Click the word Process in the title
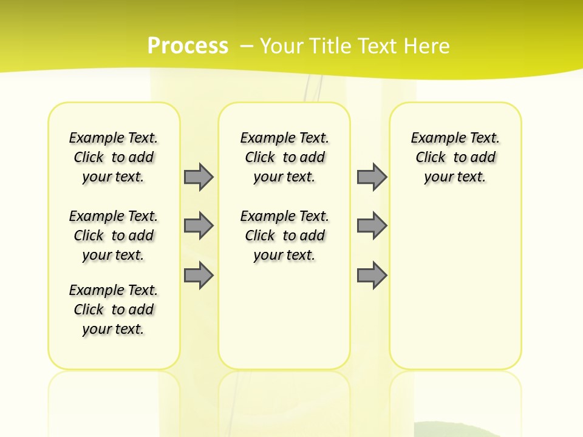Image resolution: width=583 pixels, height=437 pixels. pos(188,46)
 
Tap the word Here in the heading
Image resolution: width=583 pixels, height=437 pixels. pos(426,46)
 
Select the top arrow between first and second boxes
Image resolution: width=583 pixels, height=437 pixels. pos(198,177)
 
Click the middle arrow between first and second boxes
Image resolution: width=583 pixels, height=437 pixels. pos(198,226)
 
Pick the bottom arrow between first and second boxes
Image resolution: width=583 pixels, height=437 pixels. pos(198,276)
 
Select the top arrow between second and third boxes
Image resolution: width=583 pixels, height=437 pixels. pos(372,177)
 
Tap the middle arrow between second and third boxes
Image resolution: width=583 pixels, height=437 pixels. pos(372,226)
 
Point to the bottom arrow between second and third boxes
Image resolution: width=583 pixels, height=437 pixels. pos(372,276)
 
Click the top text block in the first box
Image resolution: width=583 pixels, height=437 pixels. pos(114,157)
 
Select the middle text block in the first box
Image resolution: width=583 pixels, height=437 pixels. pos(114,235)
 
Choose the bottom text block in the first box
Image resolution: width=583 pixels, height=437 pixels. pos(114,310)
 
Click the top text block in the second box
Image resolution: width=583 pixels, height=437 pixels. pos(284,157)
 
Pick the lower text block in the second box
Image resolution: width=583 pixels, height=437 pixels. pos(284,235)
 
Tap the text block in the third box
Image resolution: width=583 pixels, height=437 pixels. pos(455,157)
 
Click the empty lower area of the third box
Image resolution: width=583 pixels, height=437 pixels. pos(455,285)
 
